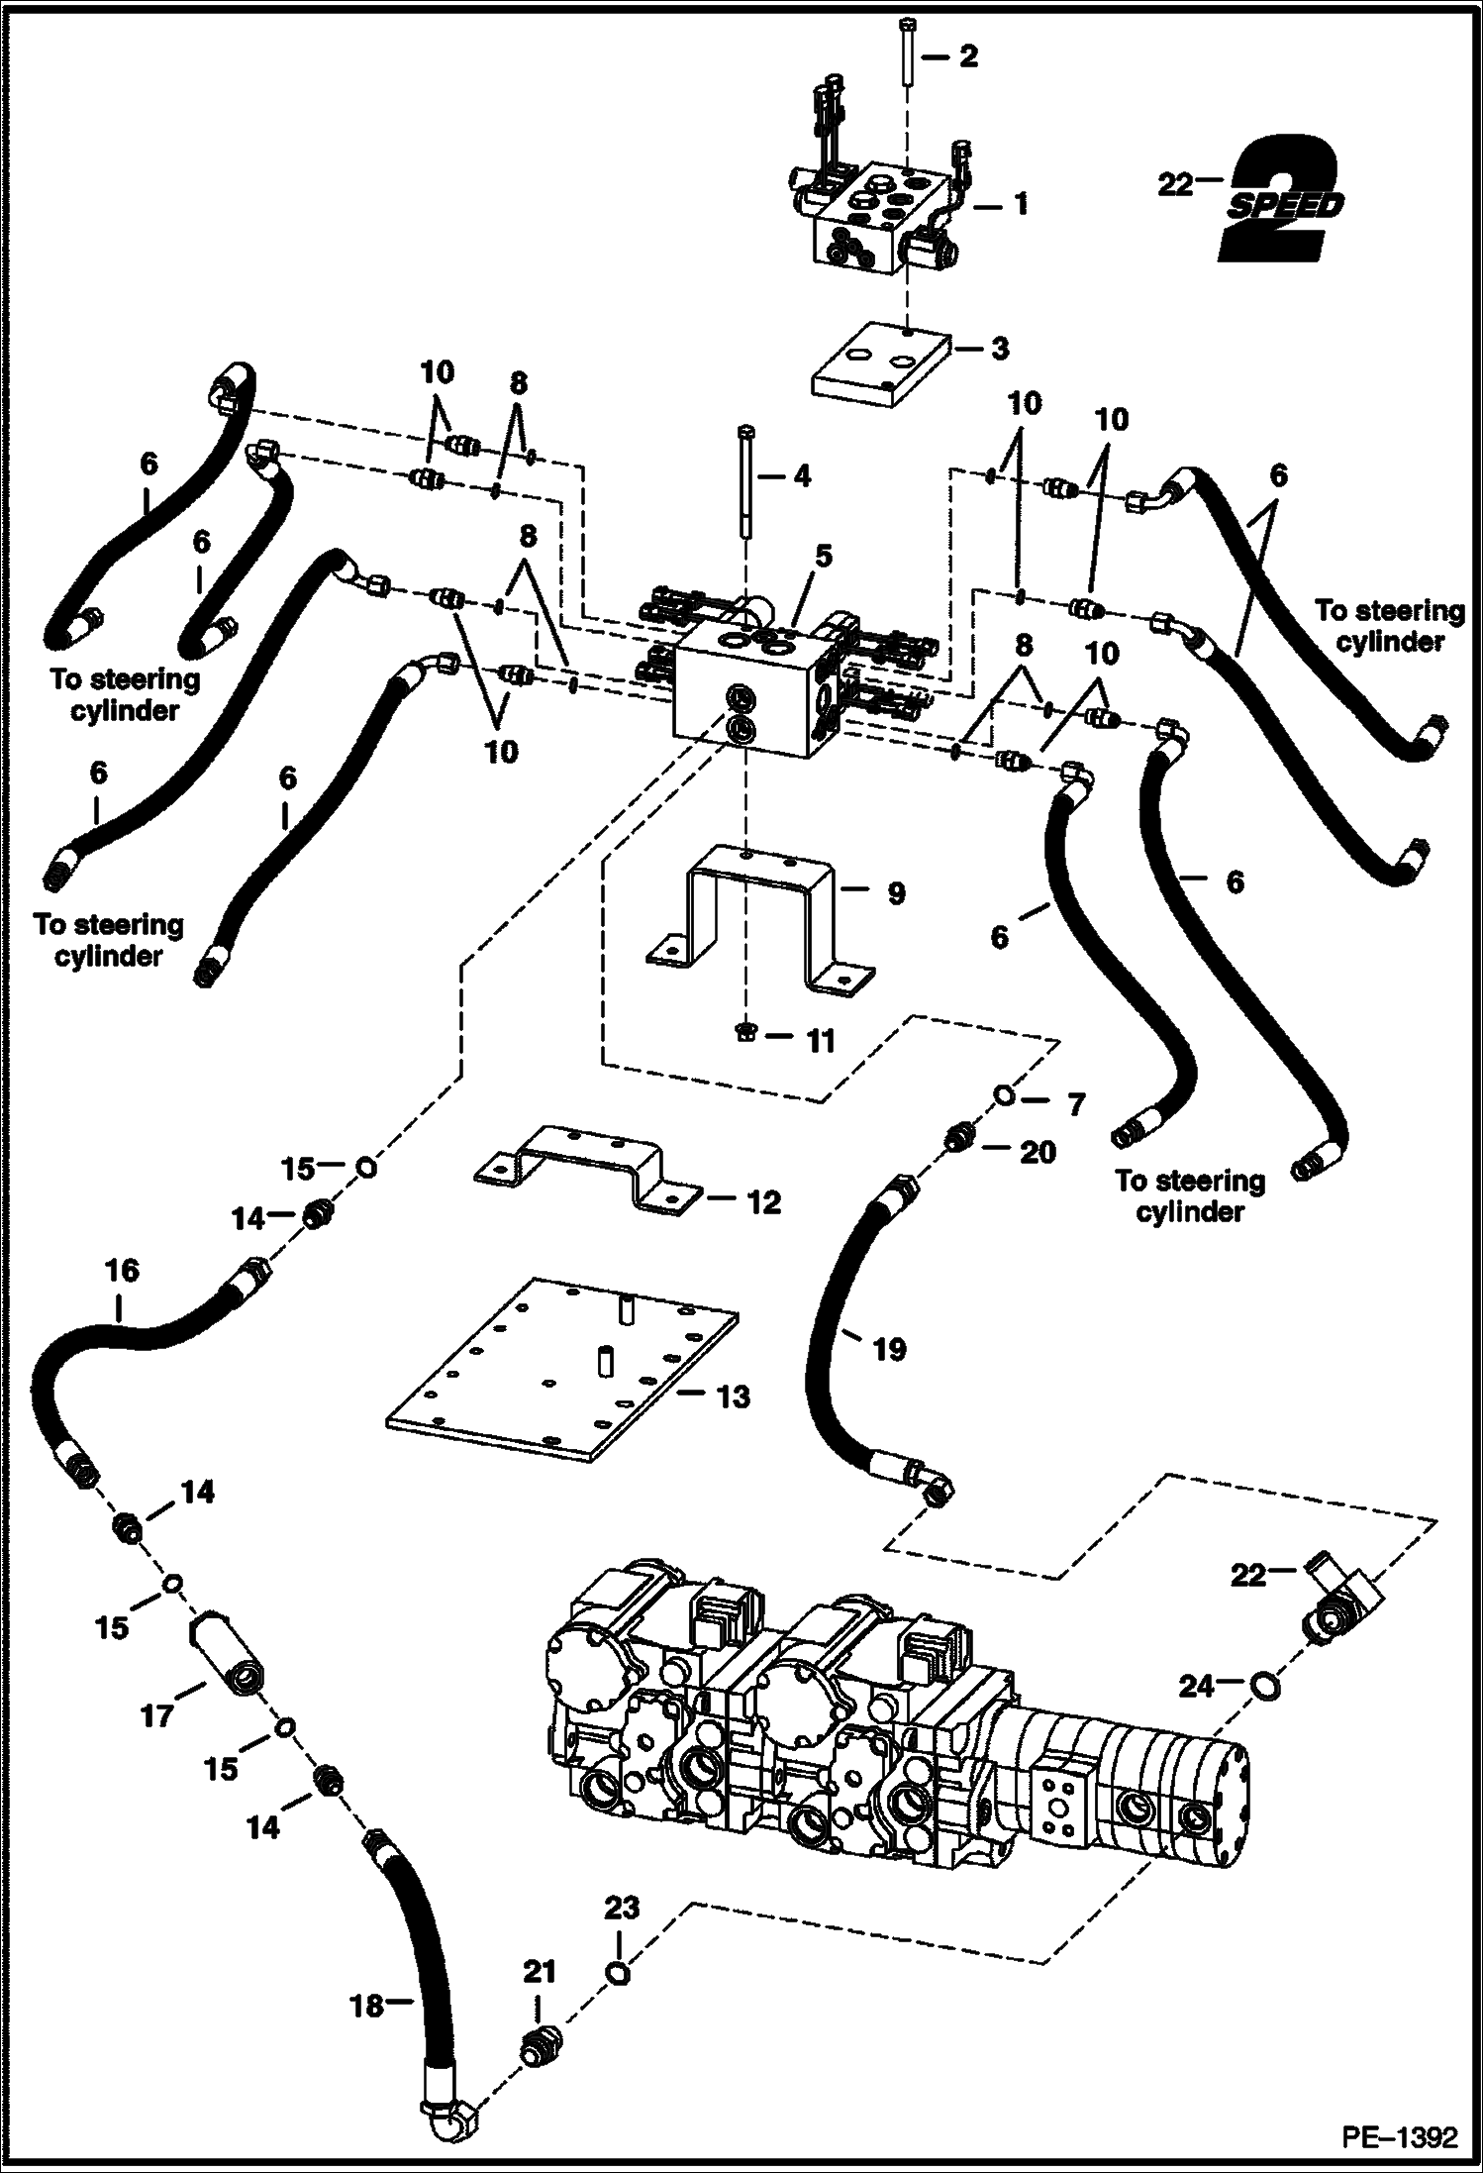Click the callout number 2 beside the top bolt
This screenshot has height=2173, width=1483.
[968, 56]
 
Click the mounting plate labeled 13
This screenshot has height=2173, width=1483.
[561, 1368]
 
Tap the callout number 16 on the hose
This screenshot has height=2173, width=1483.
[122, 1270]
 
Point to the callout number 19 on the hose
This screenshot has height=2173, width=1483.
[889, 1349]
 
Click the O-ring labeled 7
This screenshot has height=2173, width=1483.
[1004, 1094]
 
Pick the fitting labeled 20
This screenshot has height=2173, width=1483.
[957, 1138]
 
